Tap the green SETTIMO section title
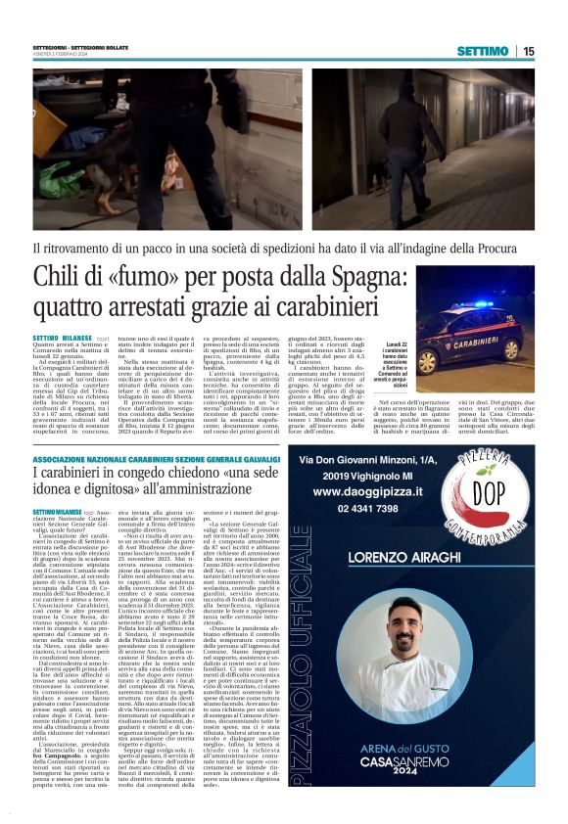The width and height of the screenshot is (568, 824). [x=486, y=51]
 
